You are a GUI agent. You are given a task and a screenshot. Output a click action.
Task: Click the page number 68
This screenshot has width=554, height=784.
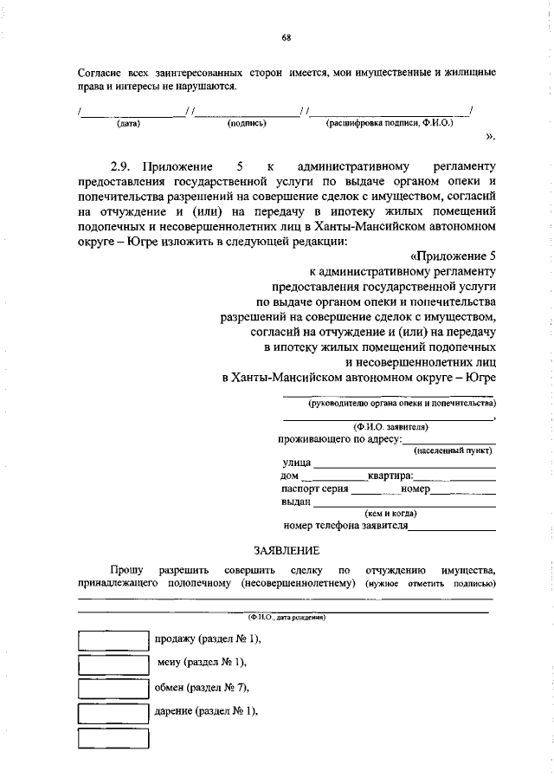(x=286, y=37)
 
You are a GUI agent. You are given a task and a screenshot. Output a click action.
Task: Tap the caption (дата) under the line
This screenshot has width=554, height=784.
(x=128, y=124)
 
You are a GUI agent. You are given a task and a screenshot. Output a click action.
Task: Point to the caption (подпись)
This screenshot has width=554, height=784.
(x=246, y=124)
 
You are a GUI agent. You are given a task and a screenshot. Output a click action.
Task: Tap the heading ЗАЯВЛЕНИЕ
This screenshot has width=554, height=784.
(x=286, y=550)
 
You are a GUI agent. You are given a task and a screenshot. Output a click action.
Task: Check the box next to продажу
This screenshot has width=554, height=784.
(x=113, y=639)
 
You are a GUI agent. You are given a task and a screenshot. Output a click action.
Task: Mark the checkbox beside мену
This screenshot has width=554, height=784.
(x=113, y=664)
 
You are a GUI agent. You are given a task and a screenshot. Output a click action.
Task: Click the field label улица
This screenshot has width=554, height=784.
(x=297, y=463)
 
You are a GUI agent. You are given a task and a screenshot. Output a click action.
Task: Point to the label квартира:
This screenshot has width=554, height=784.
(x=390, y=476)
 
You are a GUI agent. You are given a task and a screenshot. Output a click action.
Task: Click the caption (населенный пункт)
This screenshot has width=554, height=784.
(x=454, y=451)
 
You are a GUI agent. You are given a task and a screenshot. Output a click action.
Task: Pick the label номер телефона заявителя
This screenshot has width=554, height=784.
(x=345, y=525)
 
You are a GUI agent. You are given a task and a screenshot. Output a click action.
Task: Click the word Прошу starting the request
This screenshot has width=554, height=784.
(x=127, y=569)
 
